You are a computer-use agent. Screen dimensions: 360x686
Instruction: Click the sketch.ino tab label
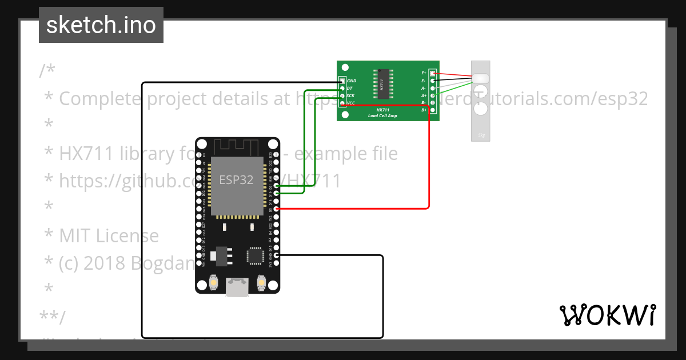point(101,25)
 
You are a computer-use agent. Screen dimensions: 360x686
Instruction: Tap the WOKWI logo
point(607,315)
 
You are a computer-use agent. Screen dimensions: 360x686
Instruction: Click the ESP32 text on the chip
point(236,179)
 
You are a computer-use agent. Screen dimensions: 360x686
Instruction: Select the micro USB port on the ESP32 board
point(237,287)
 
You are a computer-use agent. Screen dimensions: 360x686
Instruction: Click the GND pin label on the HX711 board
point(352,81)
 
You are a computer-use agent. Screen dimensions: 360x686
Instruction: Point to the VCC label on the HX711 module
point(351,103)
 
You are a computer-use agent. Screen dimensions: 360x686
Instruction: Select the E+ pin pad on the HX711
point(432,74)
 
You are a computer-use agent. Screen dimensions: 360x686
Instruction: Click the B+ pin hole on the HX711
point(432,110)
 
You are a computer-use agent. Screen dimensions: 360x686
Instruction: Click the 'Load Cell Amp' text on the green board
point(382,115)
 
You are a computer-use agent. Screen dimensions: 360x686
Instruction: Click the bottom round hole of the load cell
point(481,109)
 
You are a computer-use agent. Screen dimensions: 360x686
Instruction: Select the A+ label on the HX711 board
point(424,95)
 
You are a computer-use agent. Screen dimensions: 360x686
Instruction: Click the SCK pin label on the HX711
point(350,96)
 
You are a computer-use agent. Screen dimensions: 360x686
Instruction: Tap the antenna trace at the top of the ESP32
point(237,145)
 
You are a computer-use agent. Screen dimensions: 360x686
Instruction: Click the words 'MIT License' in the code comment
point(109,235)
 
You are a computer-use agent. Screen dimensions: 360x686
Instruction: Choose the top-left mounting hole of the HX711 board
point(345,69)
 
